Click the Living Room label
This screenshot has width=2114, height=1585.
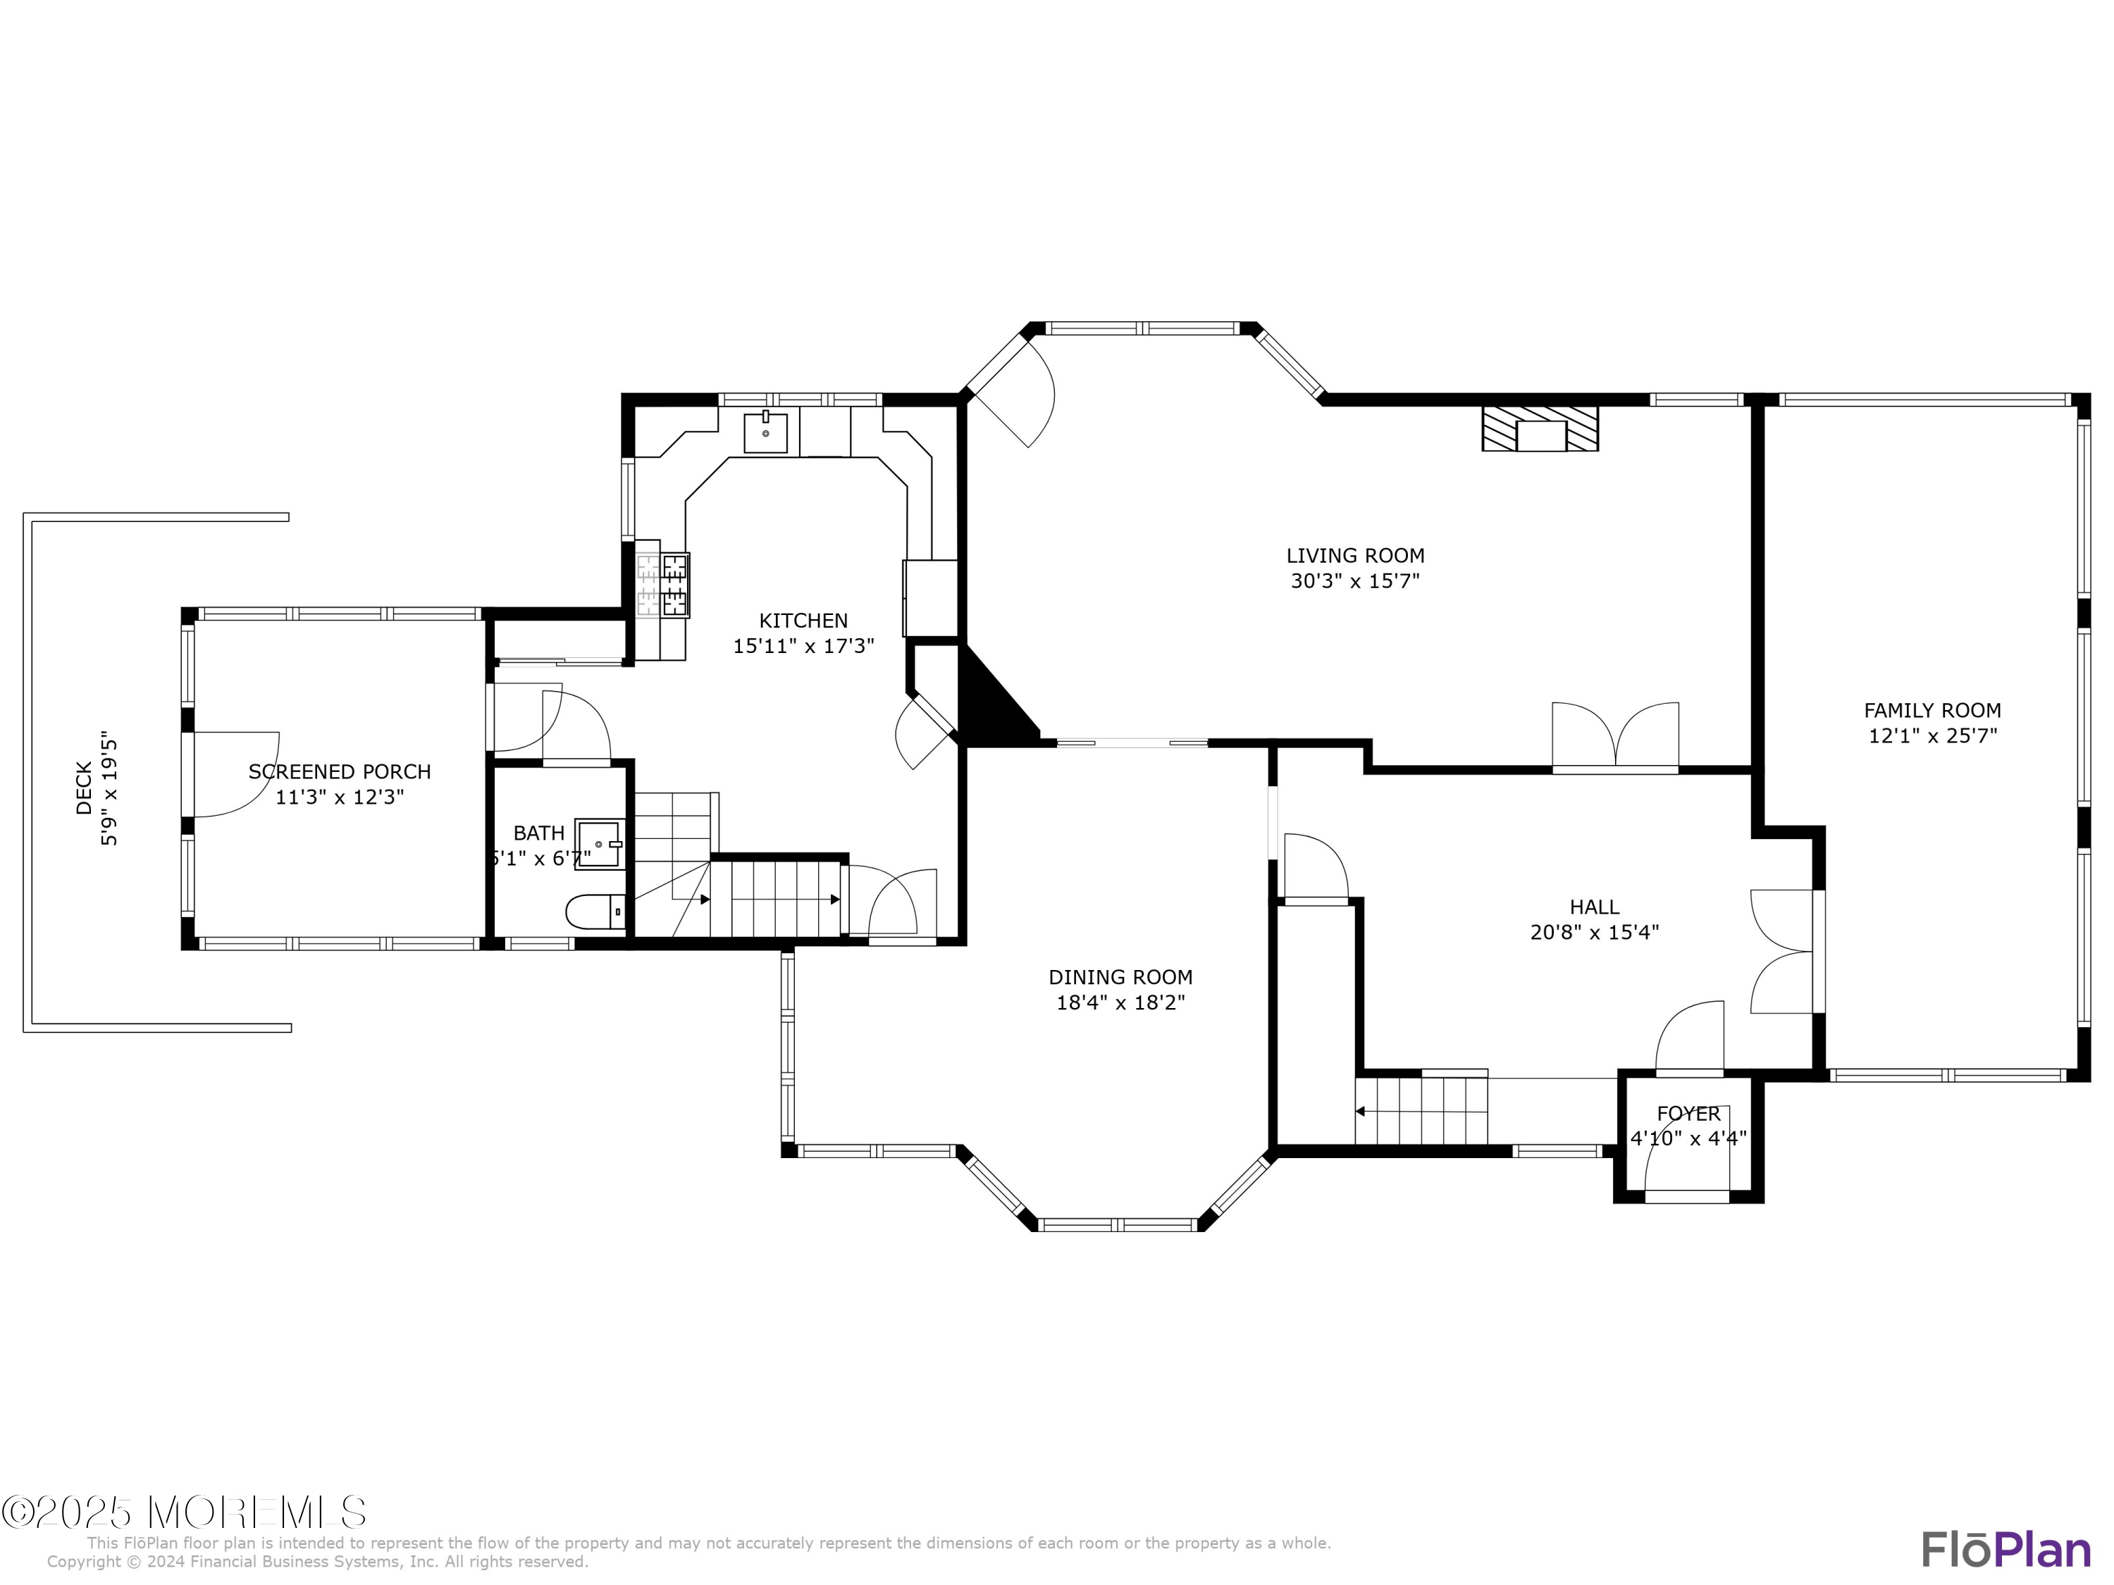(x=1355, y=555)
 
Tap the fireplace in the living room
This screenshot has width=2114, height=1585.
(x=1540, y=429)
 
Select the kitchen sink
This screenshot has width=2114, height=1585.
(x=765, y=433)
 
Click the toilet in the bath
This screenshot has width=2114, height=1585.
(x=595, y=912)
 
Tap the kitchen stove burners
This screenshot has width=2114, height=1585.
(x=676, y=585)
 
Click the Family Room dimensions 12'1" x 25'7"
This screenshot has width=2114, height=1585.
(x=1932, y=735)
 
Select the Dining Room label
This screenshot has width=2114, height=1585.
(x=1121, y=976)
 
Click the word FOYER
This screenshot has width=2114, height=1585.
(x=1688, y=1113)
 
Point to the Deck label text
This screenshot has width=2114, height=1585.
(x=84, y=788)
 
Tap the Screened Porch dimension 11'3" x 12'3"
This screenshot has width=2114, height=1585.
(x=340, y=797)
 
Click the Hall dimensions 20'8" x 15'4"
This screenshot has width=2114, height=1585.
(x=1594, y=931)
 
